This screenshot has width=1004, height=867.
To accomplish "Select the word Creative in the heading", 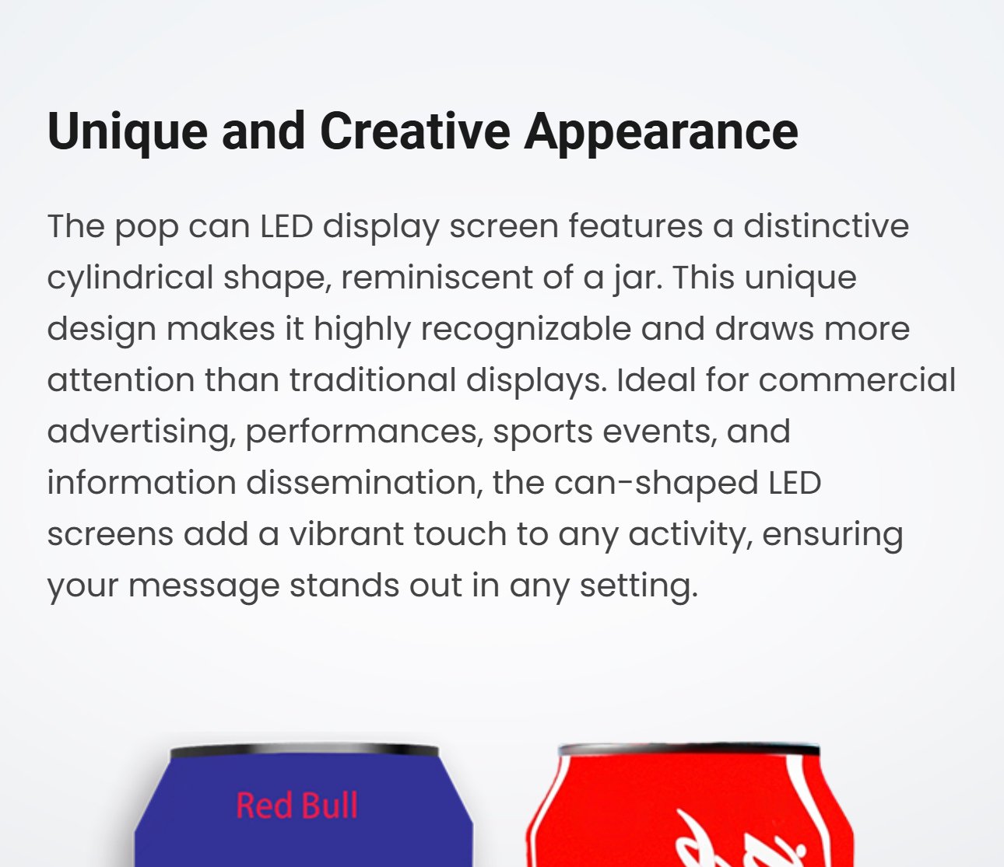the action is [415, 131].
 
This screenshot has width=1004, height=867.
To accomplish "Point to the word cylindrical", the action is [130, 279].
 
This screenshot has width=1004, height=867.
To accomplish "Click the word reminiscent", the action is [437, 278].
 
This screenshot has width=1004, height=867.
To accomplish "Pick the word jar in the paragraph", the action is [636, 279].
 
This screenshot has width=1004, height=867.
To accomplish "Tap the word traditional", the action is [373, 380].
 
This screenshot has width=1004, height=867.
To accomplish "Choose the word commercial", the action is [857, 380].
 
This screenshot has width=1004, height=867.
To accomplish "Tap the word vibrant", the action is [346, 535].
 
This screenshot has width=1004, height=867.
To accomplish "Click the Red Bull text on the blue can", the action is [297, 806].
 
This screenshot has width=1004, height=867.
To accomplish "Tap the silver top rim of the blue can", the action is [304, 750].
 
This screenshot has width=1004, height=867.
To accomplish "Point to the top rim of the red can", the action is [689, 749].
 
